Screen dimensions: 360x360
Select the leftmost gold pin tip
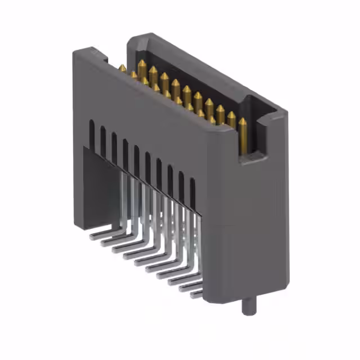click(x=122, y=69)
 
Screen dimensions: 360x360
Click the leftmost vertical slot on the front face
click(x=92, y=134)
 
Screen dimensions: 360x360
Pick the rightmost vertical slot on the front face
click(x=192, y=194)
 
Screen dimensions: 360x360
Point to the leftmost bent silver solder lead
click(x=101, y=230)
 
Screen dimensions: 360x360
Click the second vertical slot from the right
click(x=181, y=187)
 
